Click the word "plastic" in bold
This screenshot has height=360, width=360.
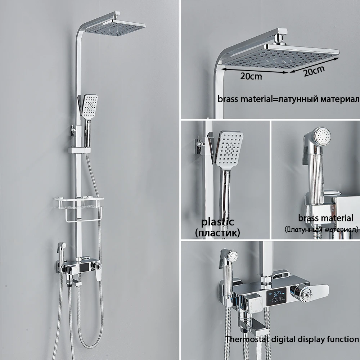pos(217,222)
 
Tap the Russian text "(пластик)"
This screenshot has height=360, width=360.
pos(217,233)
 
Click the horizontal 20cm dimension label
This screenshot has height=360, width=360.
pos(252,76)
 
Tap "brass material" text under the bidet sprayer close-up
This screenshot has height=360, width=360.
pos(325,218)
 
